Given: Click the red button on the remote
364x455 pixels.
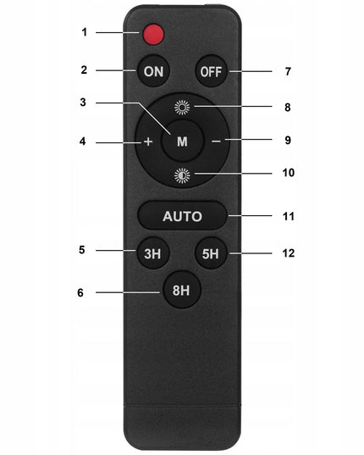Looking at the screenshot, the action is point(153,34).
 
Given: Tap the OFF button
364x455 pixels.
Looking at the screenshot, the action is point(212,71).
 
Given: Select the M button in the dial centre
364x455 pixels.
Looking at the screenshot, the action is point(182,141).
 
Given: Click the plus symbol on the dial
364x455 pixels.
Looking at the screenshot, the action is point(148,141).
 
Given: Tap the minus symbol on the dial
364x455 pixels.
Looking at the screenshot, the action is point(216,141).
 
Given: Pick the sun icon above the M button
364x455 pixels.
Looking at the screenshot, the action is point(182,108).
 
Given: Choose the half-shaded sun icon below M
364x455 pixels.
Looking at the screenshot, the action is point(182,175).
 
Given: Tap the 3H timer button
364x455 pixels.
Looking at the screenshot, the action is point(152,253).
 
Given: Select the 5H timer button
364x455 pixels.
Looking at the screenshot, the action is point(211,253).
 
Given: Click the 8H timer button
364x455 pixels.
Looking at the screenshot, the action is point(182,290).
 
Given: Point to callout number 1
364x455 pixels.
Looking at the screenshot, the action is point(85,32).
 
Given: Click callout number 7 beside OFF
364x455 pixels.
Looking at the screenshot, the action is point(288,71).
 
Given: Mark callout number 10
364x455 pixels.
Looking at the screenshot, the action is point(289,173).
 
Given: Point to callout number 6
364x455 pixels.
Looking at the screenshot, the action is point(80,292).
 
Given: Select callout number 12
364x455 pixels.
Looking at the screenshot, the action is point(289,253).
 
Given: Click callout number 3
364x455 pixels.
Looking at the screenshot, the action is point(83,103).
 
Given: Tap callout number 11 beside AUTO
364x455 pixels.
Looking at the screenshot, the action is point(289,216).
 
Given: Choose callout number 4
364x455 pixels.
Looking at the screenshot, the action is point(83,141).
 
